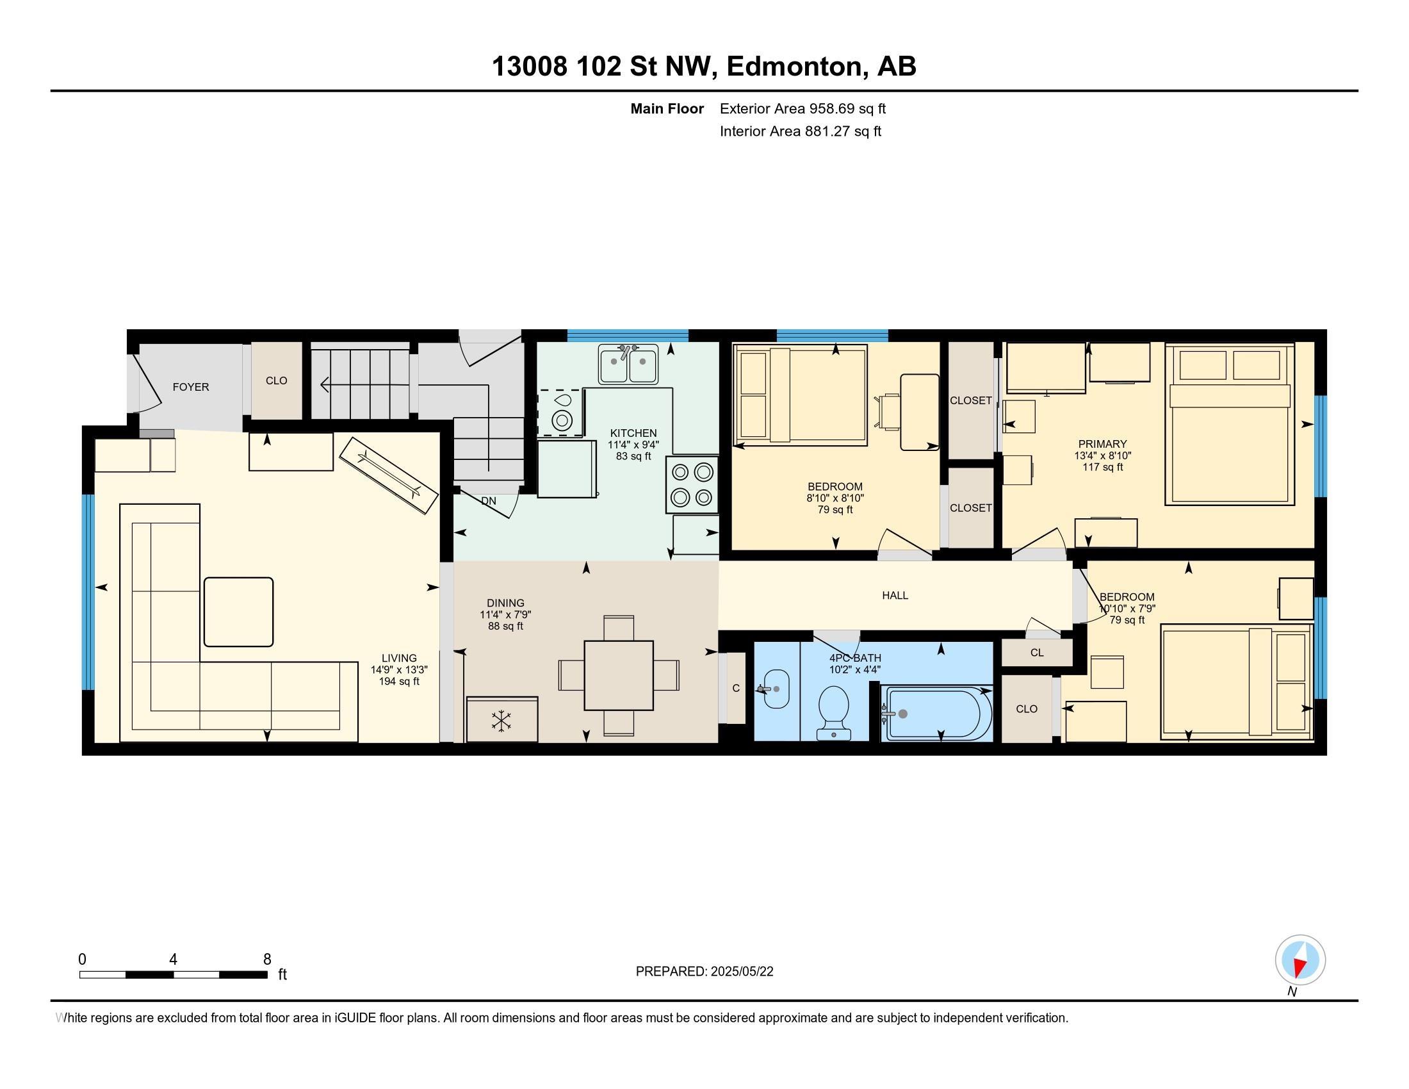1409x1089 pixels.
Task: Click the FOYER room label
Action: [190, 387]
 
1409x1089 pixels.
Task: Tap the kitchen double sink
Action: [628, 364]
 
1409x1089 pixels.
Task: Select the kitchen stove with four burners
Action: [692, 484]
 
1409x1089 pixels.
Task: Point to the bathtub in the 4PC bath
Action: [939, 713]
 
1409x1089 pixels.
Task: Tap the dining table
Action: [619, 675]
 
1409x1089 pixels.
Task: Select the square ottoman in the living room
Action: [239, 612]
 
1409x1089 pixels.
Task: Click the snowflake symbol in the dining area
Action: [501, 721]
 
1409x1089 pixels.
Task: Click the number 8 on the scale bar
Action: [267, 960]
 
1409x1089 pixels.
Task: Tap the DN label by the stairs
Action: [489, 501]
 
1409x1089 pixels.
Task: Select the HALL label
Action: [895, 596]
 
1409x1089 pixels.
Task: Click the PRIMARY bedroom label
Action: [1103, 444]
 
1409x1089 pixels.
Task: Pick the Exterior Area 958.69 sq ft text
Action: [802, 108]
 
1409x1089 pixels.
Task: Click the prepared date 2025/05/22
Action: [741, 972]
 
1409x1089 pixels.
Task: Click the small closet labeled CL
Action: [1037, 652]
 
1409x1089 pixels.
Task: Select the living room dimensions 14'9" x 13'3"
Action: [399, 669]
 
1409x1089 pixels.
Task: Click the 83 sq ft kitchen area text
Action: [633, 456]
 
